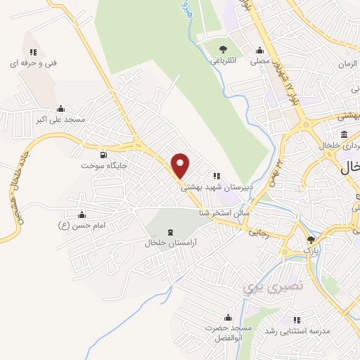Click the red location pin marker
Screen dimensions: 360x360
(181, 165)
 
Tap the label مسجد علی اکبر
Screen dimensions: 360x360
(60, 120)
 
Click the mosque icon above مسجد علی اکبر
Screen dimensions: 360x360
(61, 109)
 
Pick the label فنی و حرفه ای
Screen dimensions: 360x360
(32, 63)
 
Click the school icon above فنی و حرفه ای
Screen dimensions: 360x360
(33, 51)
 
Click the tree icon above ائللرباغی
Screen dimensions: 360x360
(222, 49)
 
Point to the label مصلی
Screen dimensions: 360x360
(261, 61)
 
